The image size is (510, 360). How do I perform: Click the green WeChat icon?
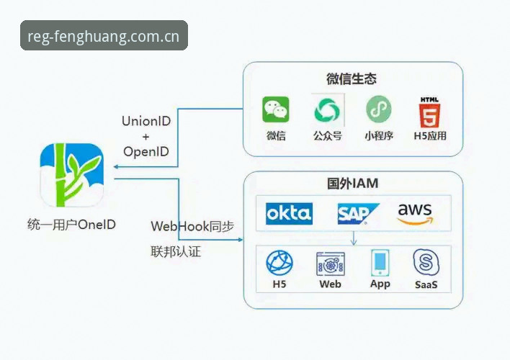tap(275, 109)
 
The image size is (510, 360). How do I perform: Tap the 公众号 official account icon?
tap(327, 110)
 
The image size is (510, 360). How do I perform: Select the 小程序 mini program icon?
tap(379, 109)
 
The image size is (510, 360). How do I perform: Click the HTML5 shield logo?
tap(429, 112)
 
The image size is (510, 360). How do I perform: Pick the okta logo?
tap(289, 214)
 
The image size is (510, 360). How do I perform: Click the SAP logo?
tap(358, 214)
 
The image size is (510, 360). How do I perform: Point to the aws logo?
tap(416, 214)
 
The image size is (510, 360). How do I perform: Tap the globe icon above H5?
tap(279, 263)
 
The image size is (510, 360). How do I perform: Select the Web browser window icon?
tap(331, 264)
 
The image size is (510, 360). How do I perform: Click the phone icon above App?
tap(380, 262)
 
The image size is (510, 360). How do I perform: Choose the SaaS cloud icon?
tap(426, 262)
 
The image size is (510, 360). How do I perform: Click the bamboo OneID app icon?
tap(72, 175)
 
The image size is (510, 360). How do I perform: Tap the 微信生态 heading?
tap(352, 78)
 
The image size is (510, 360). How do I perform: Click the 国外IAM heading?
tap(352, 184)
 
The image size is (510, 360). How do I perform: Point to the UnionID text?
tap(146, 121)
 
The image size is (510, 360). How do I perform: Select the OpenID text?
tap(146, 151)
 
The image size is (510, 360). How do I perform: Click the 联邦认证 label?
tap(176, 252)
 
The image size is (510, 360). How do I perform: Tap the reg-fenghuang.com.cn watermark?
tap(104, 35)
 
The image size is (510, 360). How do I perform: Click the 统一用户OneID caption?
tap(71, 225)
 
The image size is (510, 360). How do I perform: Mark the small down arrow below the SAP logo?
tap(354, 238)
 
